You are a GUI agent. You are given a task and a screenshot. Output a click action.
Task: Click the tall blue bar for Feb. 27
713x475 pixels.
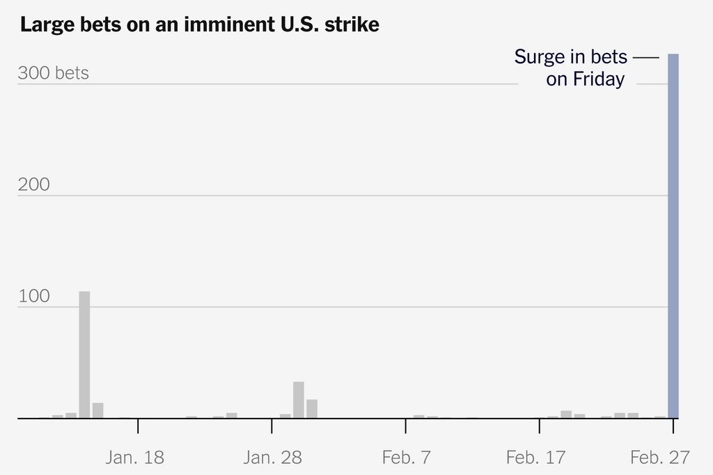coord(673,237)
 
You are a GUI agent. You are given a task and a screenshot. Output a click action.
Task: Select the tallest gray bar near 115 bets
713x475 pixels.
coord(84,355)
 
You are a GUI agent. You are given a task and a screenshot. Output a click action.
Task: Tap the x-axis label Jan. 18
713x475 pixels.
coord(135,458)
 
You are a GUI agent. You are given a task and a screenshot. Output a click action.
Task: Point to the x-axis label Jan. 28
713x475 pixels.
coord(273,458)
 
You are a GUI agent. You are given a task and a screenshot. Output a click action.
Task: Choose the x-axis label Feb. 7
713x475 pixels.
coord(407,458)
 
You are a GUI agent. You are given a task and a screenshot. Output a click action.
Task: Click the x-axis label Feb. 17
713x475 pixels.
coord(536,458)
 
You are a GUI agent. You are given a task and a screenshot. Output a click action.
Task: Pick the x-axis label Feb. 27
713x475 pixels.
coord(660,458)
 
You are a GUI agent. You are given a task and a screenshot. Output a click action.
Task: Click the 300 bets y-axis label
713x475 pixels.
coord(53,73)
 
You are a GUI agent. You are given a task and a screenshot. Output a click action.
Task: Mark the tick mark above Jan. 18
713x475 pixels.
coord(138,426)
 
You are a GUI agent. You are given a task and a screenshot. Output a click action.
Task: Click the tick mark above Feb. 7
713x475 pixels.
coord(406,426)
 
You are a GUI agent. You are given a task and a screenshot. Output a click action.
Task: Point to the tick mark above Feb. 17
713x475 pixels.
coord(540,426)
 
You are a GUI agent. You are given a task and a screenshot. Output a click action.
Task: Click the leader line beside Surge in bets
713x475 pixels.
coord(646,57)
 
